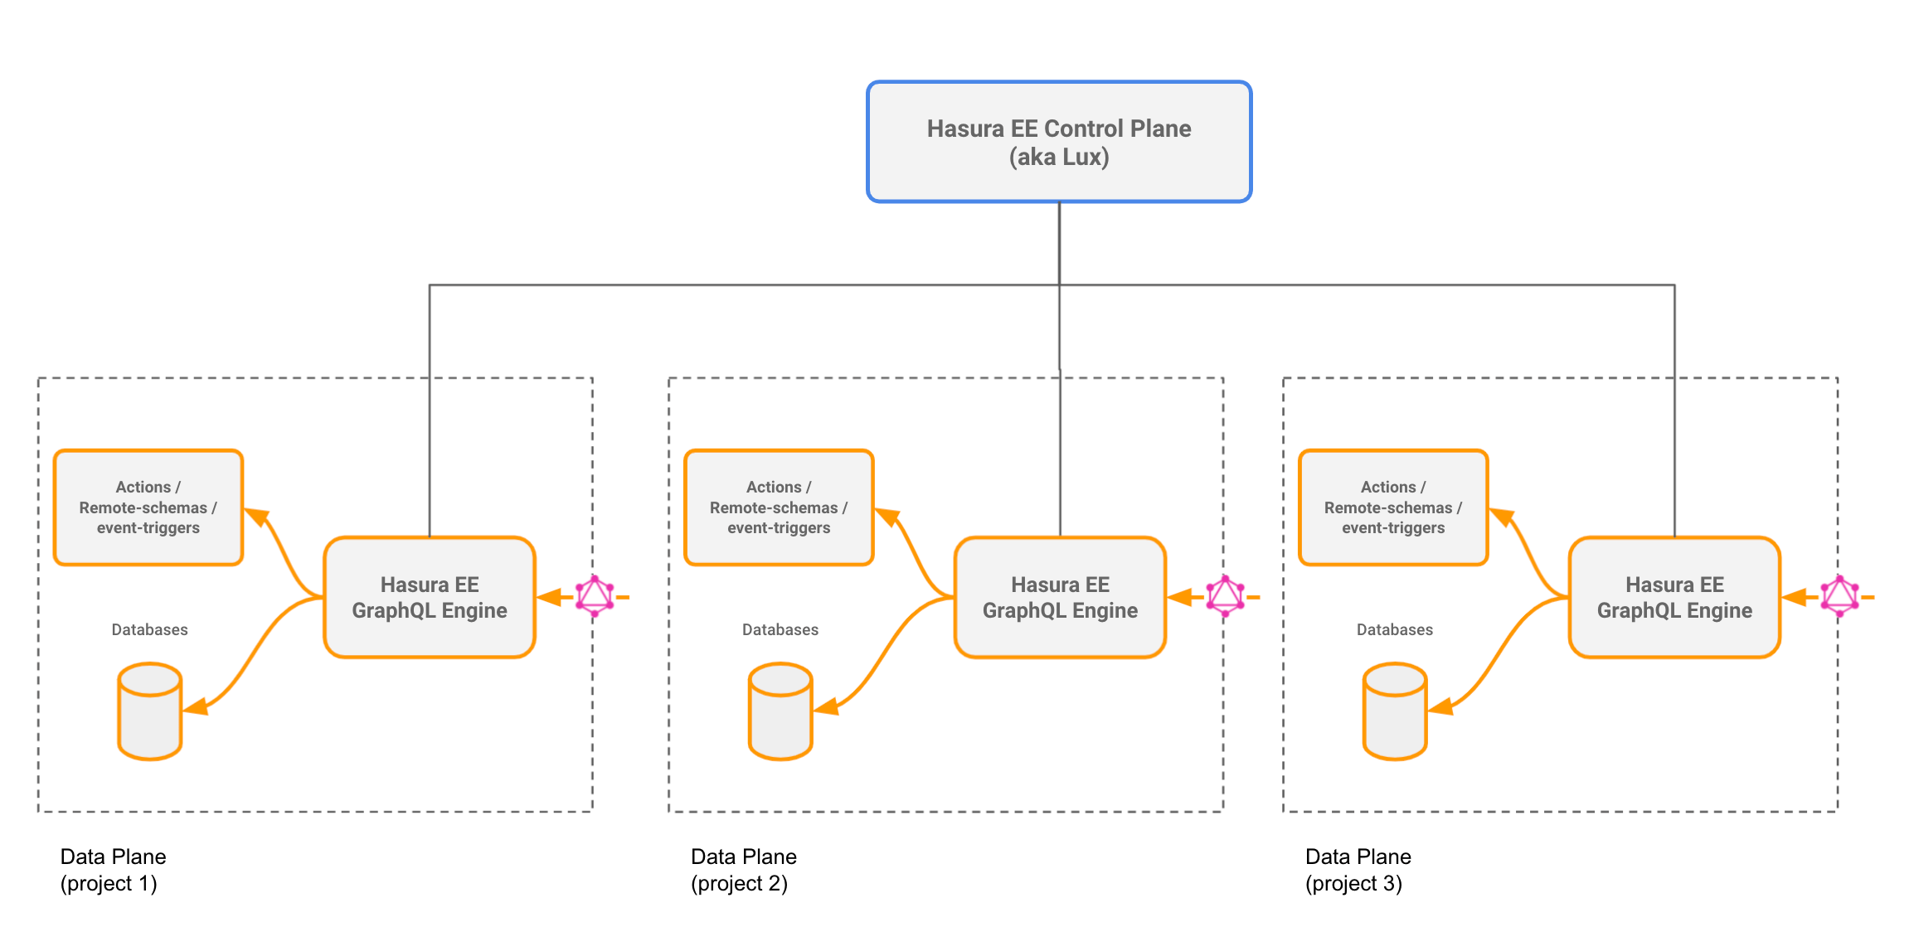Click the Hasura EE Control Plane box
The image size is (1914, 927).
(x=1059, y=142)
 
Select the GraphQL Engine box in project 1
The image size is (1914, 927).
(x=430, y=598)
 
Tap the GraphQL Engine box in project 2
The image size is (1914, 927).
(x=1060, y=598)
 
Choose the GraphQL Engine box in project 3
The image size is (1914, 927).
(x=1674, y=598)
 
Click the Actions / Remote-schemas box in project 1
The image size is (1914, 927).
(x=148, y=507)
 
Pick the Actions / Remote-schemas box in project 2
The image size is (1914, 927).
(x=779, y=507)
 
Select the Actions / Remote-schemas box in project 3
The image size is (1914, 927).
(x=1393, y=507)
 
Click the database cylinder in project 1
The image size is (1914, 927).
(x=149, y=711)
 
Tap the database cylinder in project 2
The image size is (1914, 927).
(x=780, y=711)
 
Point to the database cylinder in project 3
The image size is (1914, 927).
(x=1395, y=711)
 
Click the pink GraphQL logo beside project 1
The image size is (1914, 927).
(x=595, y=596)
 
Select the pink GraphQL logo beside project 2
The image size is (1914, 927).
(x=1225, y=596)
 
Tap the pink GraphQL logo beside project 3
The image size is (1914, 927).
(x=1839, y=596)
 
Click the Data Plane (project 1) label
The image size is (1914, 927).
(x=113, y=870)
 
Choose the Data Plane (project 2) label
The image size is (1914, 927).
(x=743, y=870)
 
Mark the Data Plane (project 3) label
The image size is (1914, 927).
(x=1358, y=870)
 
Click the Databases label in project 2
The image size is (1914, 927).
(x=780, y=630)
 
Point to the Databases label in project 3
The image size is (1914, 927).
(x=1395, y=630)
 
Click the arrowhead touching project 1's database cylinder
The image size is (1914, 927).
(x=195, y=707)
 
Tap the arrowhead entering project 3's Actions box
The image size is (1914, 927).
(x=1502, y=517)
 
